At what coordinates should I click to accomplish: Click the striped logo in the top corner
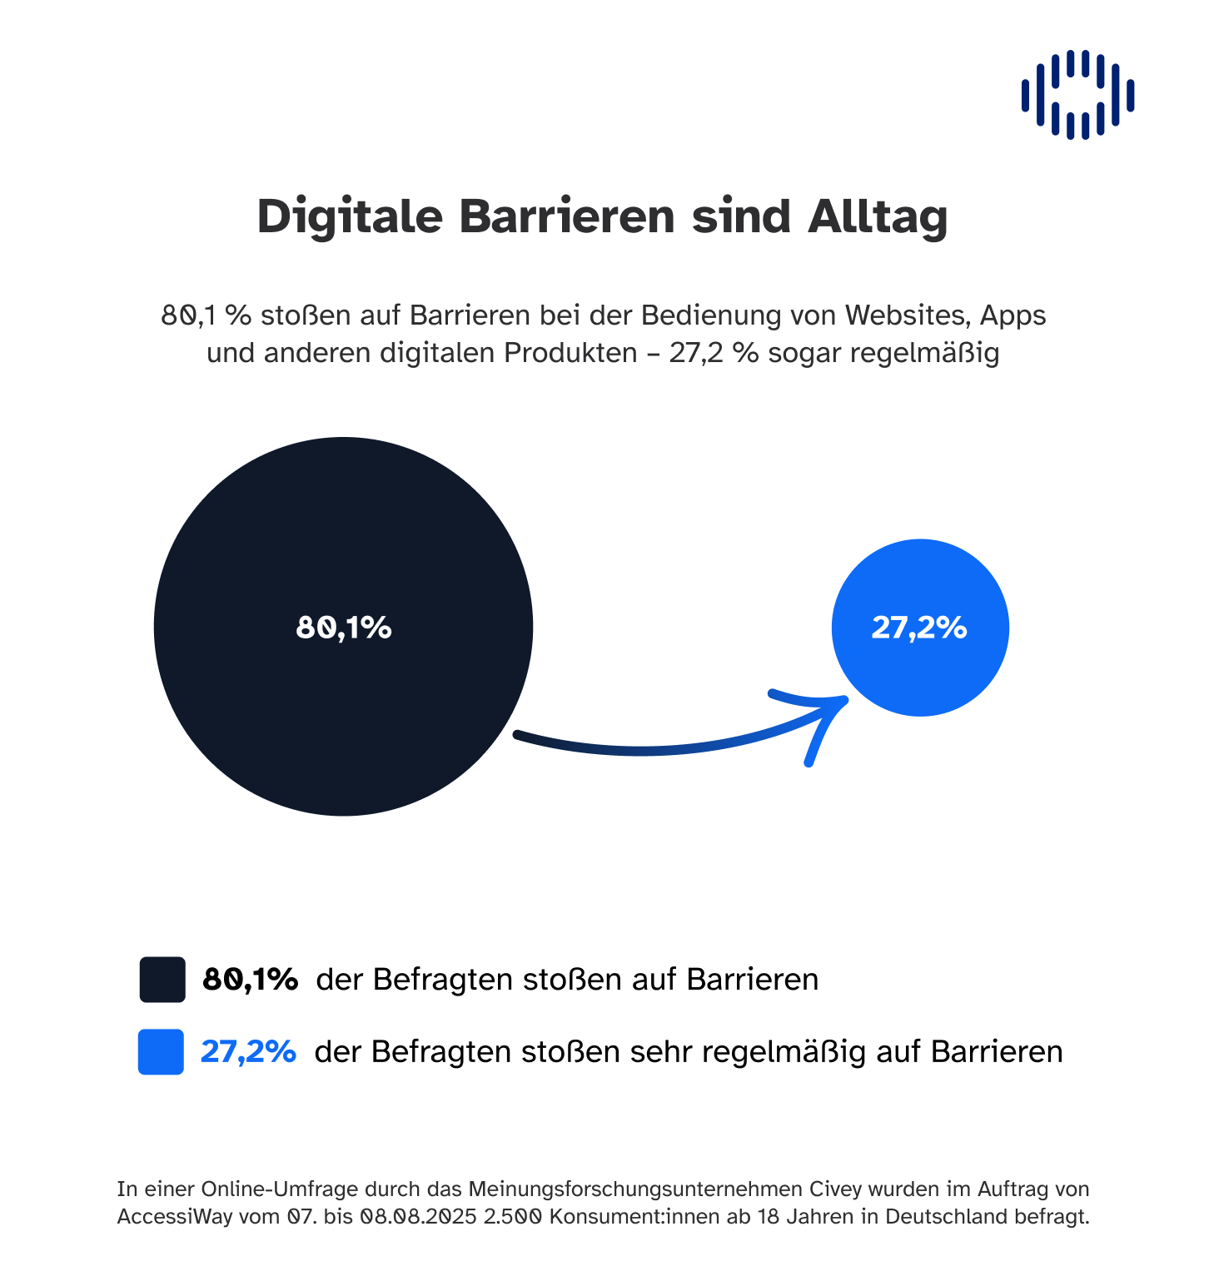(1077, 94)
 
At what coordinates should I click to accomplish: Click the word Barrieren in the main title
(566, 216)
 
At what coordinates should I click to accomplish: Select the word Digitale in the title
(350, 216)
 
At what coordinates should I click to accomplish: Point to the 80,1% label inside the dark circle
(344, 627)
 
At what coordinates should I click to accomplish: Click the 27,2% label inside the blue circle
(919, 627)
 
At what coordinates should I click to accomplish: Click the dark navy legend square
(162, 979)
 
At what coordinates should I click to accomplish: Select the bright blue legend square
(161, 1052)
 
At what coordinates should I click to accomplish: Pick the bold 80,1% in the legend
(250, 979)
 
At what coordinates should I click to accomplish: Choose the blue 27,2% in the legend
(248, 1052)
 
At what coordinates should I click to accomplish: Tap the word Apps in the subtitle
(1012, 315)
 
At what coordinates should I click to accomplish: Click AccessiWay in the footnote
(175, 1217)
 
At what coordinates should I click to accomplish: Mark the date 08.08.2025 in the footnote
(418, 1217)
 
